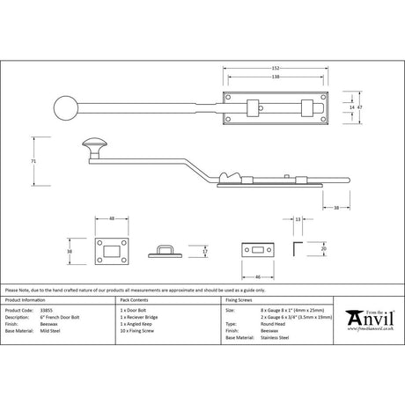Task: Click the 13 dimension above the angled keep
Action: tap(298, 217)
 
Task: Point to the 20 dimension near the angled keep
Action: tap(325, 248)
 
